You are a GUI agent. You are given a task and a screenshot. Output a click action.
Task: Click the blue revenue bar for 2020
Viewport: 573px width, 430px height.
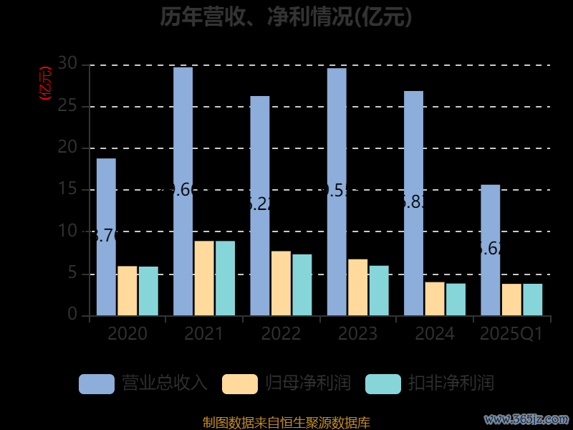pyautogui.click(x=106, y=236)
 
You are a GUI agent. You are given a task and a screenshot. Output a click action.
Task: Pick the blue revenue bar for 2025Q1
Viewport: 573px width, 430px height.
pyautogui.click(x=491, y=250)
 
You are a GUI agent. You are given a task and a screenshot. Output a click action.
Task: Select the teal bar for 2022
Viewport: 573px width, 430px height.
pyautogui.click(x=302, y=285)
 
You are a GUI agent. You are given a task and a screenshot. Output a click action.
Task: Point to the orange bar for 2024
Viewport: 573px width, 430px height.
pyautogui.click(x=435, y=298)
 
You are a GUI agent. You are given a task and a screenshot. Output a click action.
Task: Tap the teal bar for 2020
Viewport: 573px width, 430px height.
pyautogui.click(x=148, y=291)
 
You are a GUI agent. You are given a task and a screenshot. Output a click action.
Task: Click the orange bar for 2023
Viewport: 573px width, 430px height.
pyautogui.click(x=358, y=287)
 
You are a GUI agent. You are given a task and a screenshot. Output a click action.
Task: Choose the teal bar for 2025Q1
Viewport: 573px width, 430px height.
pyautogui.click(x=532, y=300)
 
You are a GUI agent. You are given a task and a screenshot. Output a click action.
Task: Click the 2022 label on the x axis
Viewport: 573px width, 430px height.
pyautogui.click(x=281, y=334)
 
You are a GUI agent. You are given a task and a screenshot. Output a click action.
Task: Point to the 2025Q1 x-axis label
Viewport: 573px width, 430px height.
pyautogui.click(x=511, y=334)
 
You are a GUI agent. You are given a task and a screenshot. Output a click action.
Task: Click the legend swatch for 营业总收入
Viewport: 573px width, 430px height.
pyautogui.click(x=97, y=383)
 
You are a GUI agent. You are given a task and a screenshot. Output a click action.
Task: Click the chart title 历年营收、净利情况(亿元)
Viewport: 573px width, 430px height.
pyautogui.click(x=286, y=16)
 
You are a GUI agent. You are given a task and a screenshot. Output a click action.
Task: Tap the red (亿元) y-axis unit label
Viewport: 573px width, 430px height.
pyautogui.click(x=46, y=82)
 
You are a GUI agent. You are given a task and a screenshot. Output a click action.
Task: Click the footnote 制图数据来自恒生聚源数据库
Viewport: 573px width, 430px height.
pyautogui.click(x=286, y=423)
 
